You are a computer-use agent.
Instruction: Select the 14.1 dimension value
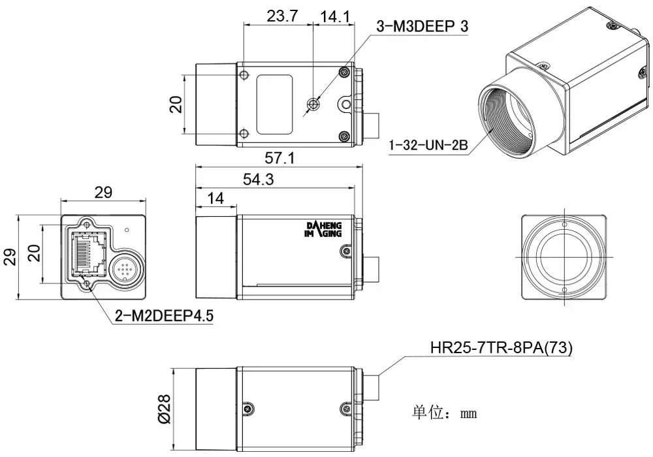336,16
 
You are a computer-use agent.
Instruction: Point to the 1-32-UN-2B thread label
428,145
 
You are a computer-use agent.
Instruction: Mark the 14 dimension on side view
215,198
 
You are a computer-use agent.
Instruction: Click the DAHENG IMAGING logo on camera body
324,230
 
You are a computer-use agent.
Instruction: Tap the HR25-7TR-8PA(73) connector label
501,348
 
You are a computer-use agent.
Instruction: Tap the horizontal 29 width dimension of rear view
103,192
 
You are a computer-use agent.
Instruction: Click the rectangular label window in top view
274,104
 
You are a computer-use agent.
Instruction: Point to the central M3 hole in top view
314,104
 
